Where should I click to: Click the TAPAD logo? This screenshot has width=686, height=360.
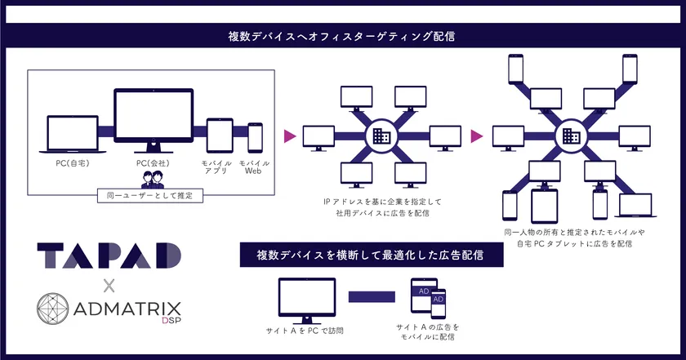(x=109, y=256)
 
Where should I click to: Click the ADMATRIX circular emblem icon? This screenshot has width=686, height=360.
(x=52, y=309)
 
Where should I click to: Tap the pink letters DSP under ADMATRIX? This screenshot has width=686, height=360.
(x=171, y=320)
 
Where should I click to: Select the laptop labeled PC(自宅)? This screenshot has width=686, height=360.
(x=73, y=135)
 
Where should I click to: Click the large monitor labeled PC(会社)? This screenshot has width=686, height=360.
(x=154, y=120)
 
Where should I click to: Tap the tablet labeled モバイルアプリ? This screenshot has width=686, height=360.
(x=220, y=136)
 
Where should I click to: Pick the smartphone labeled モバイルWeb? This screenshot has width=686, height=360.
(x=255, y=138)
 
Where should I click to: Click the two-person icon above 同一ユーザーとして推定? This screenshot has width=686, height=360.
(x=152, y=180)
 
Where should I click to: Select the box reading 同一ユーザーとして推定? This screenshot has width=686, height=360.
(x=150, y=196)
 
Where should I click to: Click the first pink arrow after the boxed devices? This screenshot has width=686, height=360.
(x=290, y=136)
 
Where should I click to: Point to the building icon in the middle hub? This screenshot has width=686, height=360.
(x=381, y=136)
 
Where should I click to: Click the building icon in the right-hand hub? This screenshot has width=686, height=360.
(x=571, y=136)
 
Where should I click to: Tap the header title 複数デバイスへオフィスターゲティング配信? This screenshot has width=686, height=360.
(x=341, y=36)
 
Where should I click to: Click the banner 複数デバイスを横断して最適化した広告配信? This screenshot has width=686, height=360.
(x=372, y=255)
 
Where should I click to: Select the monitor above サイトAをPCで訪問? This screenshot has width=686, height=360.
(x=307, y=301)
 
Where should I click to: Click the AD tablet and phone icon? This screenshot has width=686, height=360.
(x=428, y=298)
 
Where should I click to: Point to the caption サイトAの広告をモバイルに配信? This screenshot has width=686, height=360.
(x=428, y=332)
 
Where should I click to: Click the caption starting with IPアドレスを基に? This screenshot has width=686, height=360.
(x=382, y=207)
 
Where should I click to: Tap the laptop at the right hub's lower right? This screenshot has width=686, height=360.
(x=635, y=205)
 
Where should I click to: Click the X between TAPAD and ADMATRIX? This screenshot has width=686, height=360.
(x=109, y=286)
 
